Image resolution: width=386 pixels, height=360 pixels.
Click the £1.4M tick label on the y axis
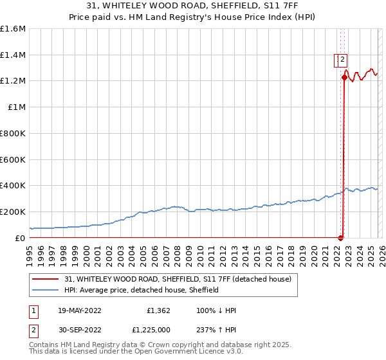13,55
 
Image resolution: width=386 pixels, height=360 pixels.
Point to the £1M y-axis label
15,107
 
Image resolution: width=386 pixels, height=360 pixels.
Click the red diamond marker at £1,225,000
344,78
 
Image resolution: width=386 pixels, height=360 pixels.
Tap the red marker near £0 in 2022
340,238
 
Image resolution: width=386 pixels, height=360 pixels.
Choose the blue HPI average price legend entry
142,290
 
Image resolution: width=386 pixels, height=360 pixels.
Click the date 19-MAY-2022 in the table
79,310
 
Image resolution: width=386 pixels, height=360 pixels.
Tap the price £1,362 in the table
158,310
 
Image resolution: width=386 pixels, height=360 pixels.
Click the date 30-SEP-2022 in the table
79,330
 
